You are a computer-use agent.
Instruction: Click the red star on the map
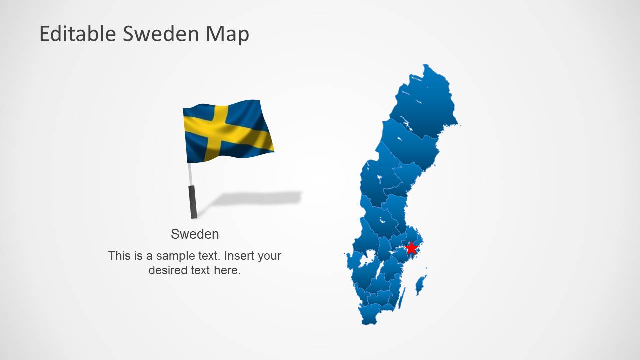tap(411, 248)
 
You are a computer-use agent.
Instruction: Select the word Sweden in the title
tap(161, 34)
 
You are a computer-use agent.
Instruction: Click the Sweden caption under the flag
tap(195, 234)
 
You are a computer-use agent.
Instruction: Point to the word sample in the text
tap(175, 256)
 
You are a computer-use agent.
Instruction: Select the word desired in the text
tap(168, 271)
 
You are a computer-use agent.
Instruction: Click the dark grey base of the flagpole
tap(193, 202)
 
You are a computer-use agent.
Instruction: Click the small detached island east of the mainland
tap(421, 285)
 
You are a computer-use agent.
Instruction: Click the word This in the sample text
tap(119, 256)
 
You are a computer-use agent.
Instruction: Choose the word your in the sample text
tap(270, 256)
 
